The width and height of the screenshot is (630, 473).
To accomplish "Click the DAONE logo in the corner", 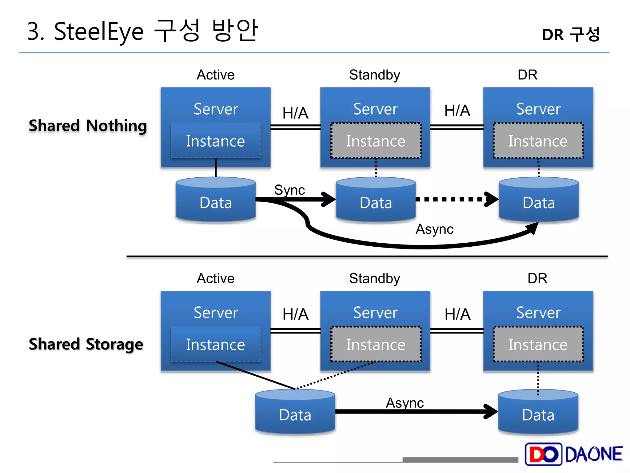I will pos(574,454).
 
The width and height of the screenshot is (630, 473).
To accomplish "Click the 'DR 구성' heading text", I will pos(571,34).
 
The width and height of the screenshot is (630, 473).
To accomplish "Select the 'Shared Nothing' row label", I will pos(88,126).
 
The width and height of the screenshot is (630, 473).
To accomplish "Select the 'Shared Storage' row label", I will pos(86,344).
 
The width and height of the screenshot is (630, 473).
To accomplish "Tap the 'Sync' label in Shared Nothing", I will pos(289,190).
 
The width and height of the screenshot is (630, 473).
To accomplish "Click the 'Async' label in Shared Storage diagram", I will pos(405,403).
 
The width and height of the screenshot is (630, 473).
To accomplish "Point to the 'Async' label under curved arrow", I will pos(434,229).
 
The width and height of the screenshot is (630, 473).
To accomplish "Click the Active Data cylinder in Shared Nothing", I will pos(216,200).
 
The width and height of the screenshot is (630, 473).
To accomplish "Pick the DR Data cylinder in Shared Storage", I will pos(538,413).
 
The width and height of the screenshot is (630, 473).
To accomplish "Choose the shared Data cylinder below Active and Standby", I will pos(295,413).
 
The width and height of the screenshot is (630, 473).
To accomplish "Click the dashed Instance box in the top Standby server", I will pos(376,141).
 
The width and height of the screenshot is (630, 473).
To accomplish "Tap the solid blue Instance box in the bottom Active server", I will pos(216,344).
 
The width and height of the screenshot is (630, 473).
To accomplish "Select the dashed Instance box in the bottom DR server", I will pos(538,344).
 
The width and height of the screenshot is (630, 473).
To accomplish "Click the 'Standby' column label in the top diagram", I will pos(374,75).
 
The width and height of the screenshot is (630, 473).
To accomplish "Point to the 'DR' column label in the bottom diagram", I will pos(537,278).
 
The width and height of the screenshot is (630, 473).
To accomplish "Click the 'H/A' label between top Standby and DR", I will pos(457,111).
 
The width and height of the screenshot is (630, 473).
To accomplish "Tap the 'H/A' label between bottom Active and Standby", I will pos(295,314).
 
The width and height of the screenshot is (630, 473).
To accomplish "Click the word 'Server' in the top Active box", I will pos(216,109).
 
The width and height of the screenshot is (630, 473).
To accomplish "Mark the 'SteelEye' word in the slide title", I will pos(99,32).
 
